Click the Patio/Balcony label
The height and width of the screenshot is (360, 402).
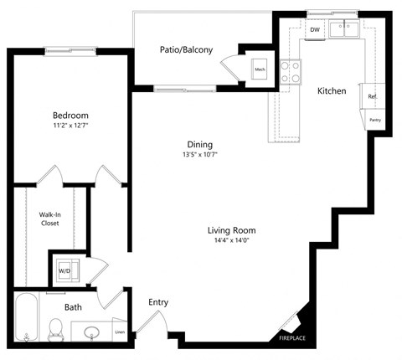[x=186, y=49]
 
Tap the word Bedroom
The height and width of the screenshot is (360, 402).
[x=70, y=116]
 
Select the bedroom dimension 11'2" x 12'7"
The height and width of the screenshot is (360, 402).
[x=70, y=127]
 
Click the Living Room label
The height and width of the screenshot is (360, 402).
[x=232, y=230]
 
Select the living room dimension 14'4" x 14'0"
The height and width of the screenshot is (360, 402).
[x=232, y=242]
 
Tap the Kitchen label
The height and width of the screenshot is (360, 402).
[x=331, y=91]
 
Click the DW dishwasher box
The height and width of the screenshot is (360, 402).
[x=314, y=30]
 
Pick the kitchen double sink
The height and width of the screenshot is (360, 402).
[x=343, y=30]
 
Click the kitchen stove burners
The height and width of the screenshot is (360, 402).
[x=291, y=71]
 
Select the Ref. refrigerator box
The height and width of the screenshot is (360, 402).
[x=372, y=96]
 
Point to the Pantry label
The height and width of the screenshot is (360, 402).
[x=374, y=121]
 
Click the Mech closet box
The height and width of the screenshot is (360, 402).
[x=260, y=70]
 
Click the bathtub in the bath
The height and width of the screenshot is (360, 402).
[x=27, y=319]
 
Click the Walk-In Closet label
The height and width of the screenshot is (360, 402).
[x=49, y=219]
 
